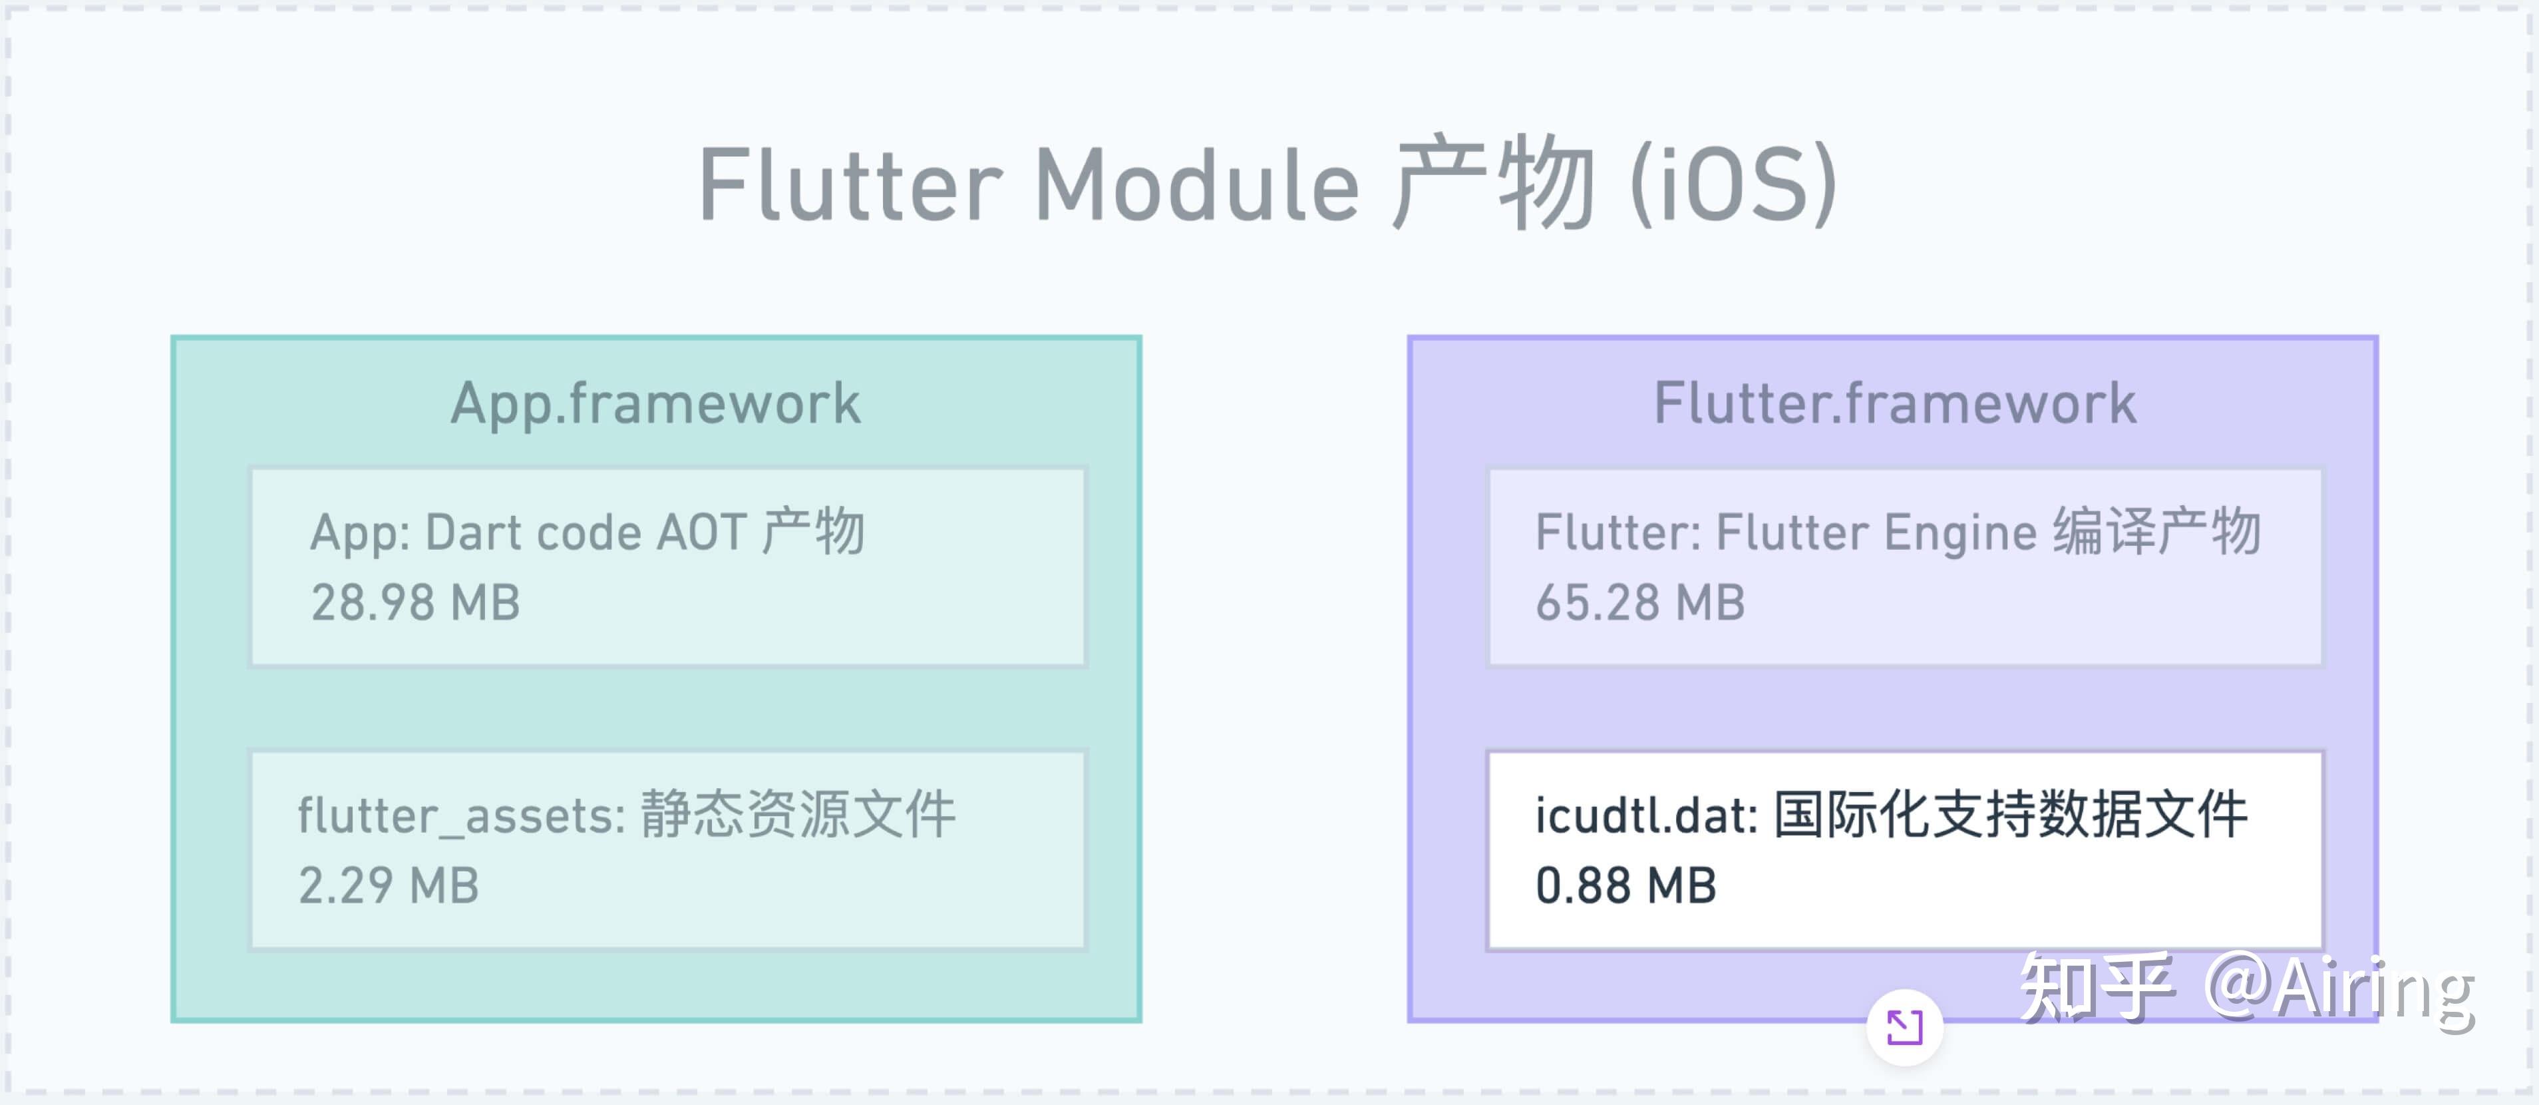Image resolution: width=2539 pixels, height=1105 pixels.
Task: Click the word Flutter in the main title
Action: coord(850,185)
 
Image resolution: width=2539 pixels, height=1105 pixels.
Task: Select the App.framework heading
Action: coord(655,403)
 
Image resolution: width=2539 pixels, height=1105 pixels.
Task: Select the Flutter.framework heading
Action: coord(1894,403)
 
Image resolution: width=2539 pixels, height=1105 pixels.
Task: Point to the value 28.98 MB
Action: coord(415,602)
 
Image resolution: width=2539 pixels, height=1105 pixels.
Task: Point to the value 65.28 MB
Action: coord(1640,602)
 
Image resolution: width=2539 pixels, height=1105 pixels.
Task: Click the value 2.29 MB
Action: coord(389,885)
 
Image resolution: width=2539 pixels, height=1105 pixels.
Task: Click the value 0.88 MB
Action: coord(1625,885)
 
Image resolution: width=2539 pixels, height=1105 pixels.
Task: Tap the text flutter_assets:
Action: coord(461,816)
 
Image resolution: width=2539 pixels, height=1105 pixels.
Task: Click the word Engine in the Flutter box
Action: coord(1959,533)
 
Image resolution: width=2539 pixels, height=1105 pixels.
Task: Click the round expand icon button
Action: coord(1904,1027)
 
